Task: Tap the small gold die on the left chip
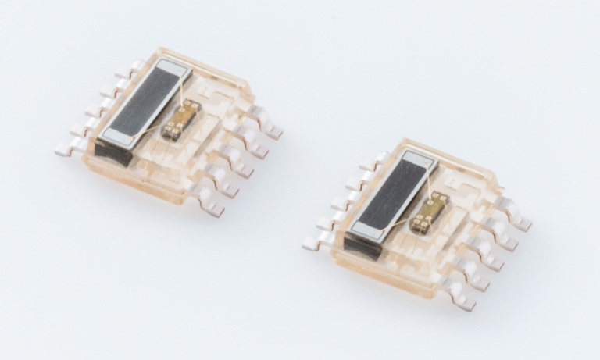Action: pos(182,119)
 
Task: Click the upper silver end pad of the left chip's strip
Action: pos(175,69)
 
